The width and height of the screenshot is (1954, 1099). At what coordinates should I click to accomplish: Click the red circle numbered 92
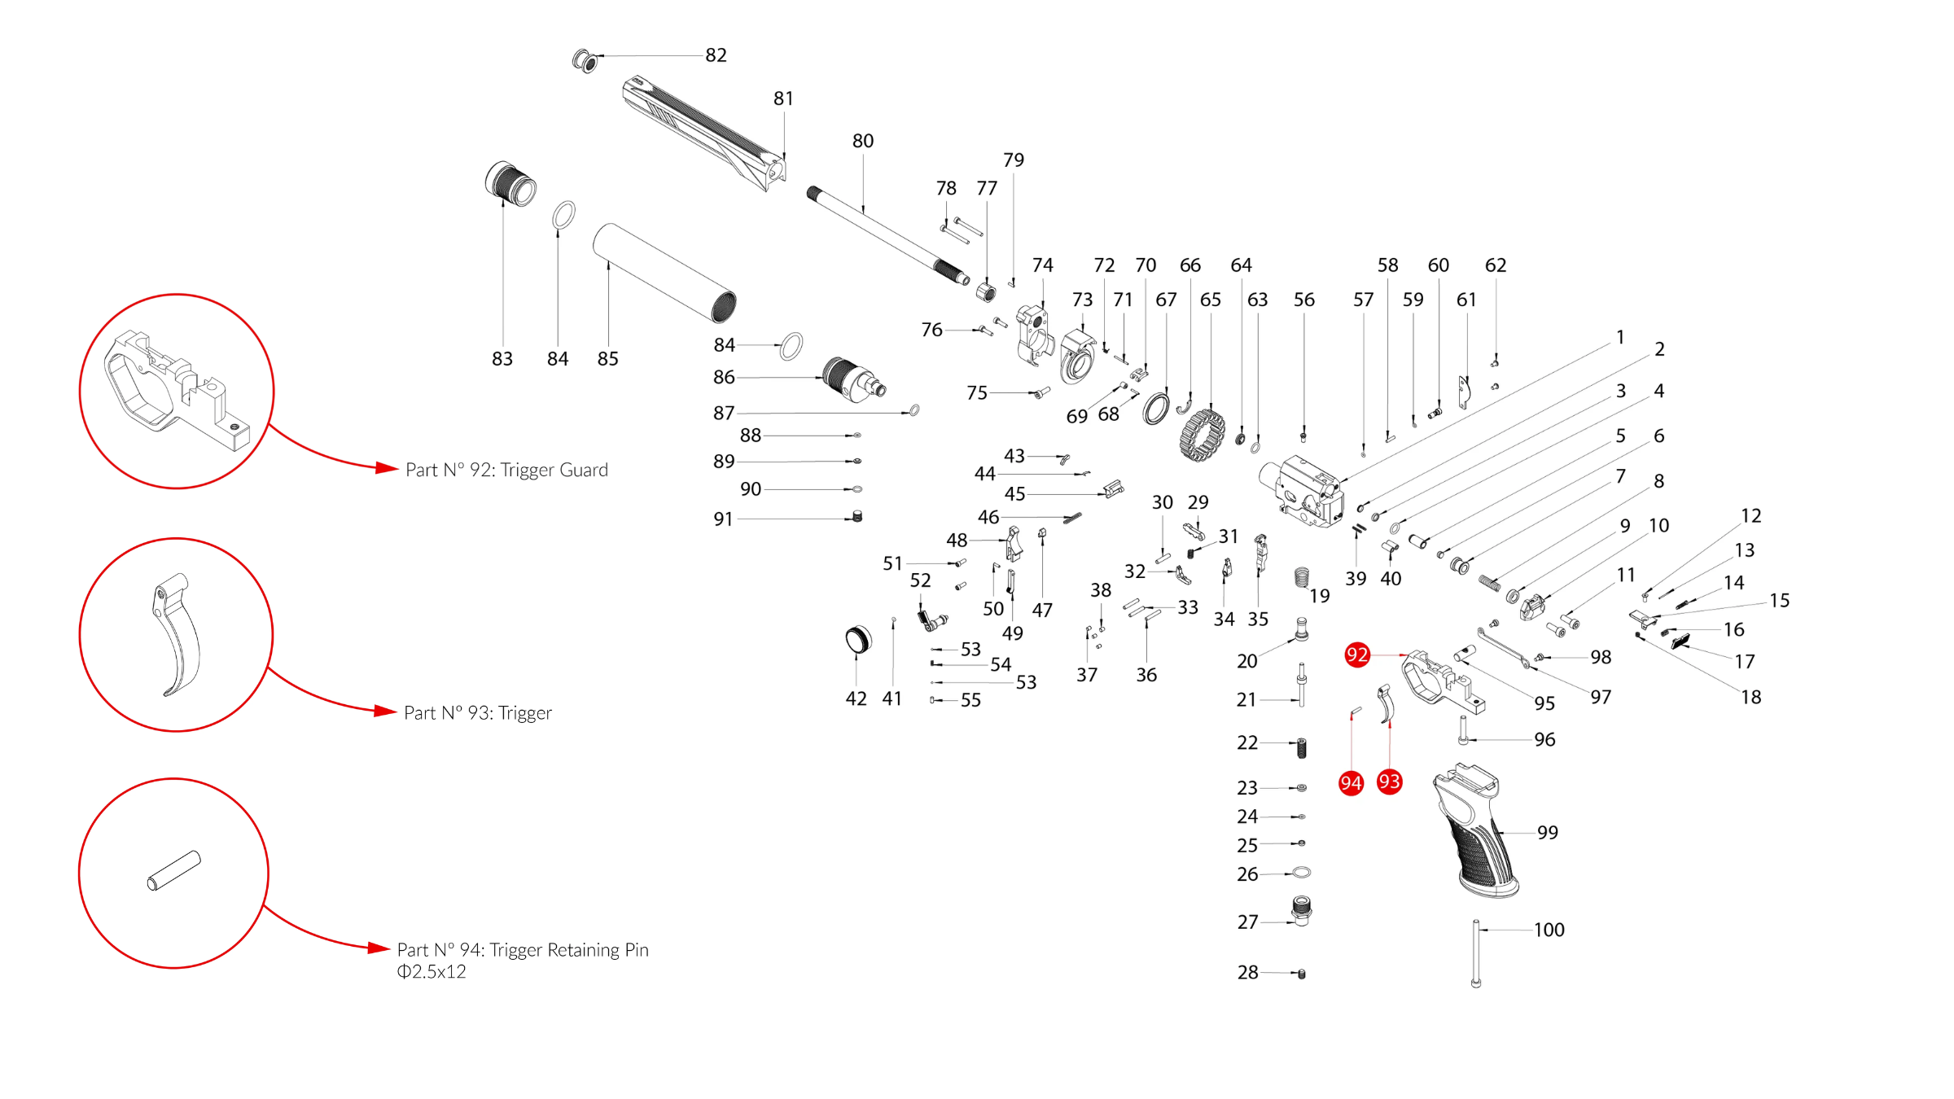click(x=1356, y=655)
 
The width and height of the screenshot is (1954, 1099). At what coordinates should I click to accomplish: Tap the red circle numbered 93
click(x=1389, y=782)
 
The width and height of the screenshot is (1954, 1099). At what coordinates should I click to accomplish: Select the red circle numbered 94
click(x=1351, y=783)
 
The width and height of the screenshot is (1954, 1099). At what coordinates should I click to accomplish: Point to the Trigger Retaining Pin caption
click(x=523, y=950)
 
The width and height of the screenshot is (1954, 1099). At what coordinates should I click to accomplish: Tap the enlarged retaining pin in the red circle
click(x=173, y=870)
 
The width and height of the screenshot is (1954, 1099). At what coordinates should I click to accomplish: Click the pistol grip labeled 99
click(x=1475, y=830)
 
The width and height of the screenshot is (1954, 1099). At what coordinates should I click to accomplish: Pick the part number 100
click(x=1549, y=930)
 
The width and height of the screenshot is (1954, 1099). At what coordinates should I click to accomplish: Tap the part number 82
click(x=716, y=55)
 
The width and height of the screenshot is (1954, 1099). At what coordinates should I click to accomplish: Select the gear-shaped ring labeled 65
click(x=1202, y=435)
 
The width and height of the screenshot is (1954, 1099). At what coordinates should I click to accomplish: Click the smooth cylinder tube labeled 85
click(x=664, y=272)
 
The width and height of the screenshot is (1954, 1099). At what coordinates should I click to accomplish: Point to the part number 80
click(x=862, y=141)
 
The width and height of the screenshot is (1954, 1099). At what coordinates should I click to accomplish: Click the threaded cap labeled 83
click(x=510, y=184)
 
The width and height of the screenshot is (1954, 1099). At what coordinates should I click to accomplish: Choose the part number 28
click(x=1247, y=972)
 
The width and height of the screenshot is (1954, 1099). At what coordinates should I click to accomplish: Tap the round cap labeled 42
click(x=857, y=640)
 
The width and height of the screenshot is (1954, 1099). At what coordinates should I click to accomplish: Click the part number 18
click(x=1750, y=697)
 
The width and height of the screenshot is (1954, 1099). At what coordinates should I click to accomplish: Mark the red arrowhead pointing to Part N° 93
click(x=384, y=712)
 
